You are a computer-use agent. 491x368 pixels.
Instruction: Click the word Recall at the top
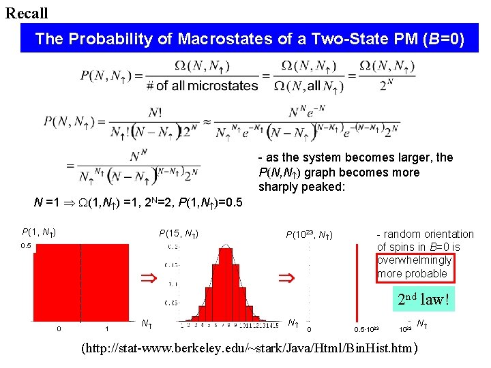click(x=27, y=13)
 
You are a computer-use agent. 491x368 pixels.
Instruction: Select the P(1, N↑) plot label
click(x=39, y=232)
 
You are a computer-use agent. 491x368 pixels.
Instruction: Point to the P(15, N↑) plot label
click(x=179, y=234)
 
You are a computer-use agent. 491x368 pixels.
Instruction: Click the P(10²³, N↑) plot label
click(x=308, y=235)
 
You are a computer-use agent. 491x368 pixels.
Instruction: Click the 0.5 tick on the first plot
click(x=25, y=247)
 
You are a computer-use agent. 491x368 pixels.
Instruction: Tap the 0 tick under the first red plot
click(x=59, y=329)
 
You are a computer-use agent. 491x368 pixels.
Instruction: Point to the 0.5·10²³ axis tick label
click(x=366, y=329)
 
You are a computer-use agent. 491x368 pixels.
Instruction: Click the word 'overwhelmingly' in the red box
click(x=414, y=260)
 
